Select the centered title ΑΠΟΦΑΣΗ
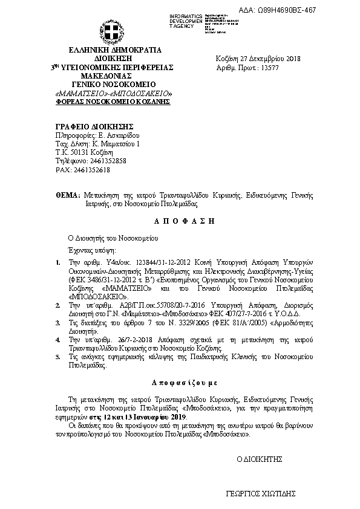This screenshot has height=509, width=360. coord(181,221)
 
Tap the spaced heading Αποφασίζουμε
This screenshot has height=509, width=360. coord(181,383)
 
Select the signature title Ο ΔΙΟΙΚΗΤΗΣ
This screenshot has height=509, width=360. coord(260,458)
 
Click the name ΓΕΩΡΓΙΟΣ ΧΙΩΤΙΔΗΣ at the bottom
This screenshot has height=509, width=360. coord(260,493)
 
